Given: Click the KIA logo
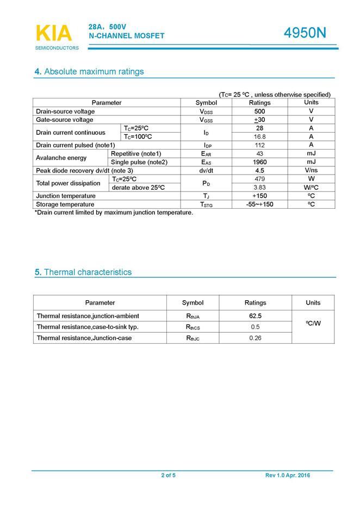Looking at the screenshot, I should click(53, 33).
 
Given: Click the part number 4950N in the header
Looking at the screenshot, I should click(305, 33).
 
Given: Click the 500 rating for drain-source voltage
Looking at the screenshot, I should click(259, 111).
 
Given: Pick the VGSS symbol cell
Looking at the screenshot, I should click(206, 120).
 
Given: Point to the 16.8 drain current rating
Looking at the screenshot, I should click(259, 137).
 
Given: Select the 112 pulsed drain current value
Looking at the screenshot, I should click(259, 145).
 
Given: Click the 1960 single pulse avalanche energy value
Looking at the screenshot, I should click(259, 162).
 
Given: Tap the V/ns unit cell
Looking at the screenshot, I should click(311, 170).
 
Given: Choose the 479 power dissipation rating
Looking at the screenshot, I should click(259, 179).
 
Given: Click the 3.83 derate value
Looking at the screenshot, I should click(259, 188).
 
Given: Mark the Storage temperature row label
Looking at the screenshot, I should click(65, 204).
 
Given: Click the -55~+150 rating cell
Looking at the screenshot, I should click(259, 204).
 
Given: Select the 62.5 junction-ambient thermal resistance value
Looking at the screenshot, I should click(255, 316).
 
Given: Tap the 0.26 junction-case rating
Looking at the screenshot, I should click(255, 338).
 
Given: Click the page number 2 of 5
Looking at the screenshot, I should click(168, 476).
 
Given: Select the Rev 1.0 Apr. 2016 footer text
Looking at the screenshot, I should click(288, 476).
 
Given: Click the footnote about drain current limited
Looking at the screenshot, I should click(114, 213).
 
